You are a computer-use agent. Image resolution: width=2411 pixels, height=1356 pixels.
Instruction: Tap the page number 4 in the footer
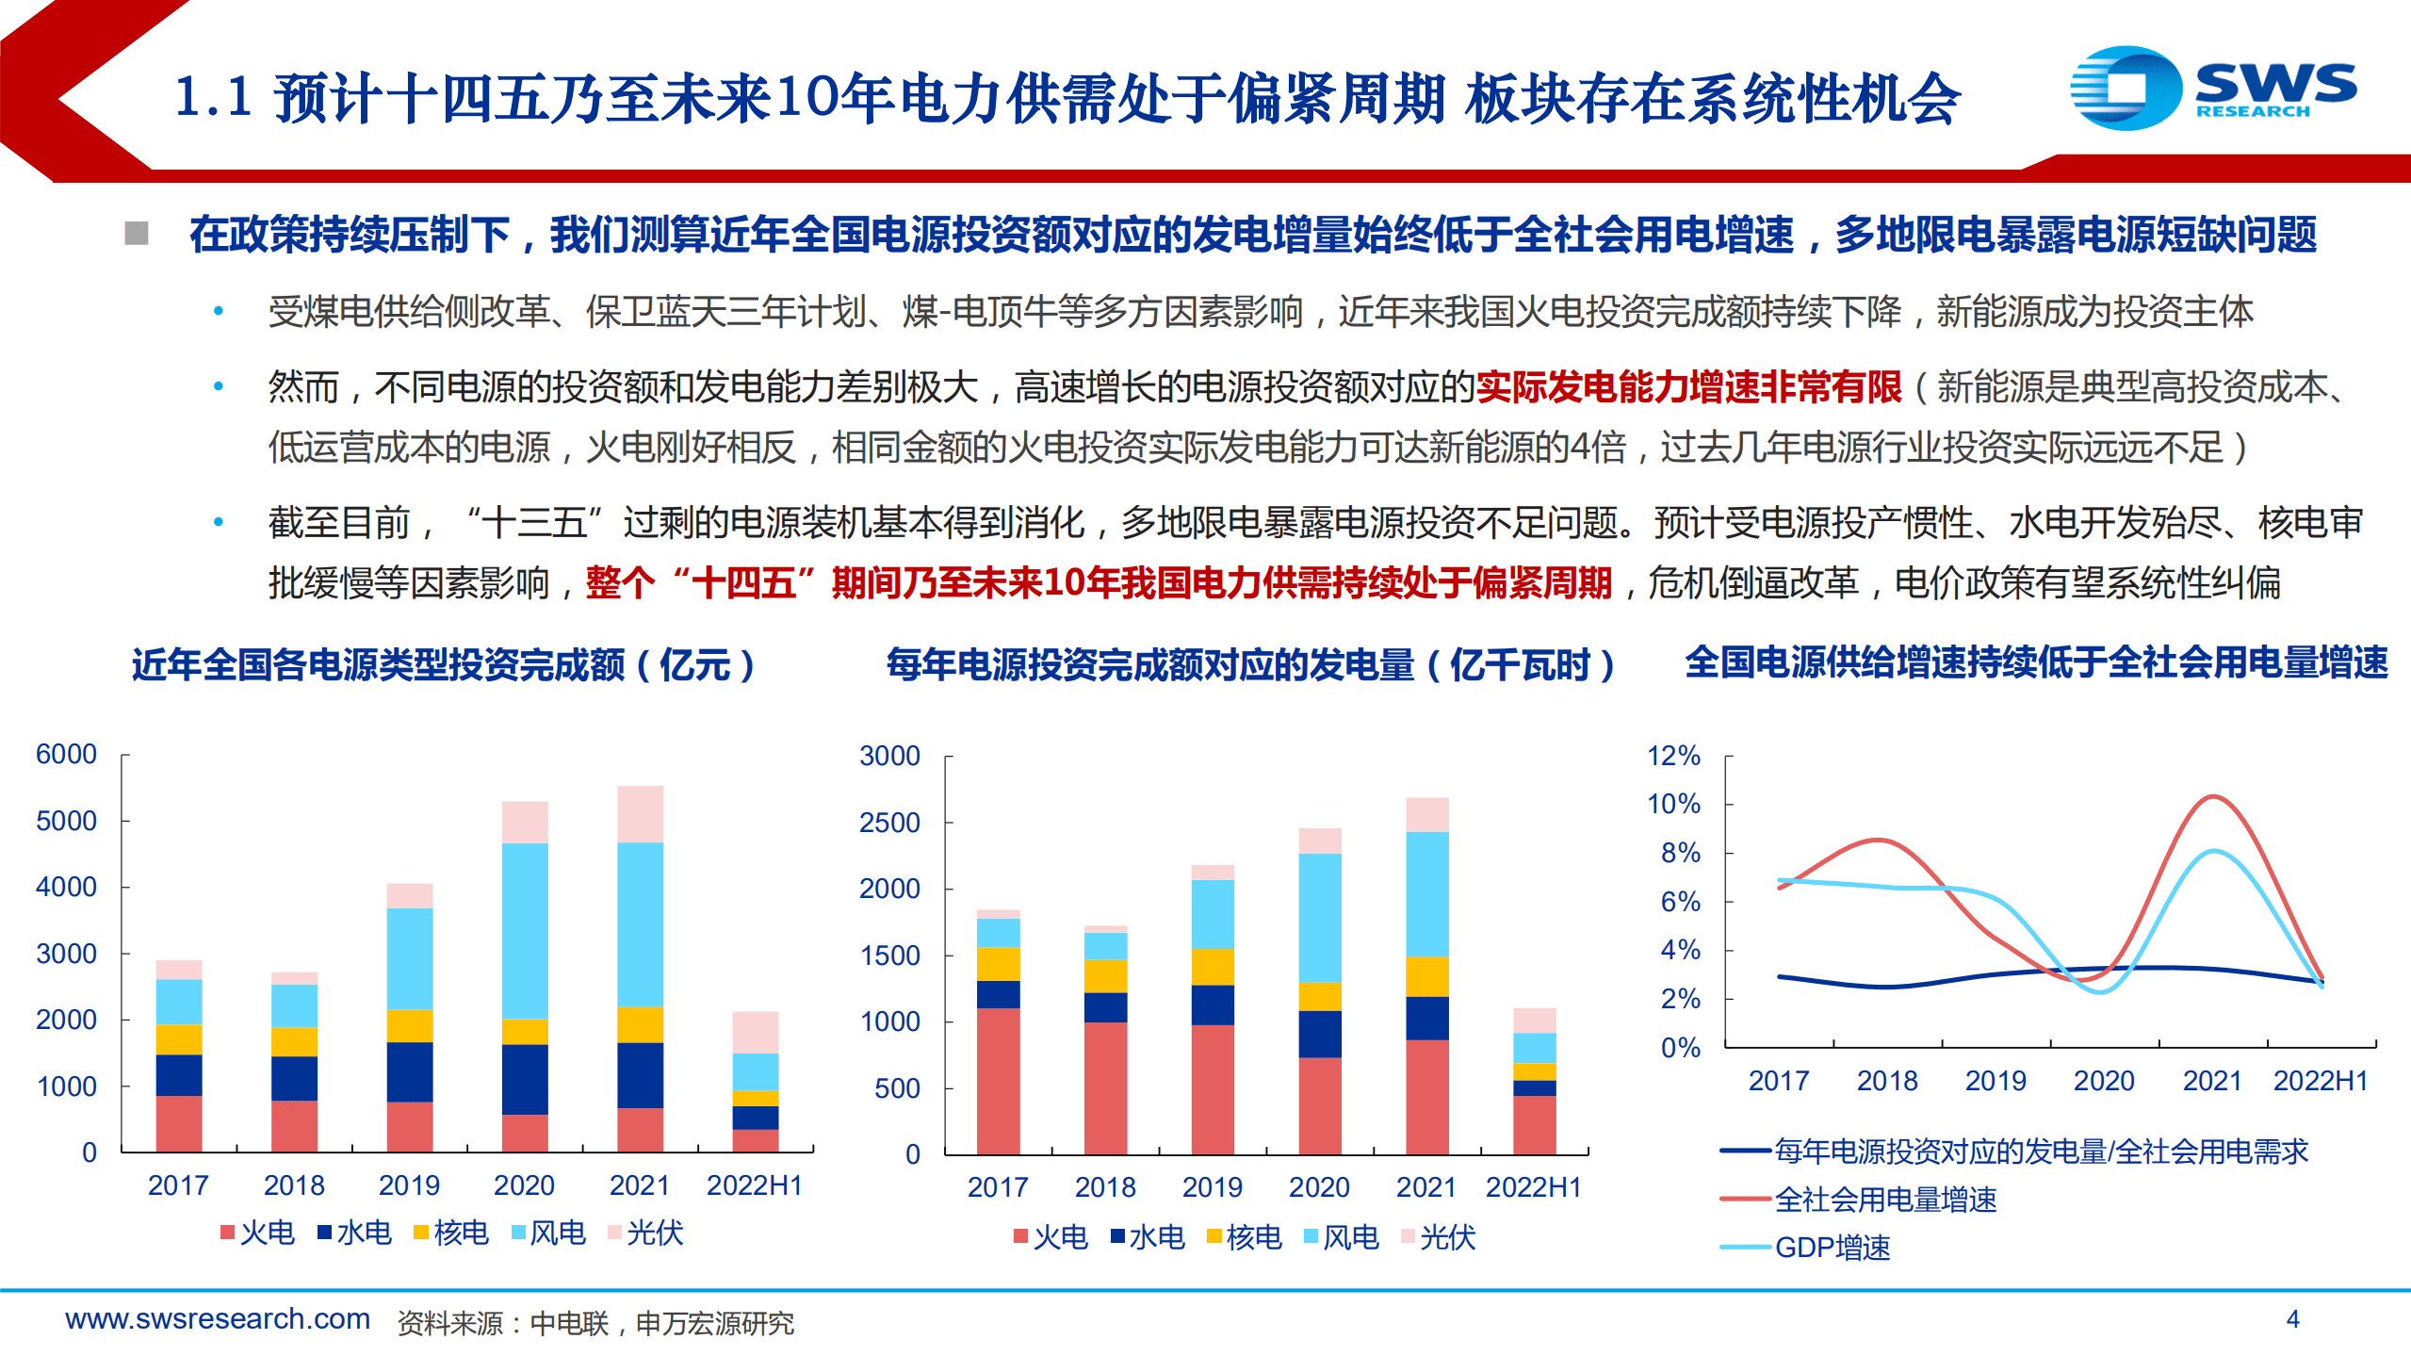pyautogui.click(x=2292, y=1319)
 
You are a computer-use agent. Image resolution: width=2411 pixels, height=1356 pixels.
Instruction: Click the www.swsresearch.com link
pyautogui.click(x=218, y=1319)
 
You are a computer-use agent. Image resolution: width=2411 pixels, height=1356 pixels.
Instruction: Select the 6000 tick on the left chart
pyautogui.click(x=66, y=755)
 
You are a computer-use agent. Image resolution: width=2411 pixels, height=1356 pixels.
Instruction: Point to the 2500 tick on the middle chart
pyautogui.click(x=889, y=823)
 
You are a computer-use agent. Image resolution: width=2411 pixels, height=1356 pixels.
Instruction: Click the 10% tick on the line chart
pyautogui.click(x=1673, y=804)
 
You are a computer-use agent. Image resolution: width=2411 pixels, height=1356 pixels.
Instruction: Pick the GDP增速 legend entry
pyautogui.click(x=1832, y=1248)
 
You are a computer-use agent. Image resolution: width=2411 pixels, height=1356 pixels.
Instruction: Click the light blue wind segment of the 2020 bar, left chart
pyautogui.click(x=525, y=930)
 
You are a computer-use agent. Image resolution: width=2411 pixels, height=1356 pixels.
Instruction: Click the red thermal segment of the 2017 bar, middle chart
pyautogui.click(x=998, y=1081)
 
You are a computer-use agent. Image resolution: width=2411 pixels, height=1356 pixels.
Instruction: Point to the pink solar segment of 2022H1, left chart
pyautogui.click(x=756, y=1032)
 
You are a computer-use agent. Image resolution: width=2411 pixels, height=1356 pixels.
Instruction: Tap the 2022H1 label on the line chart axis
pyautogui.click(x=2320, y=1081)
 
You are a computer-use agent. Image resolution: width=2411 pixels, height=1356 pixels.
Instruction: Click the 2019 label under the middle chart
pyautogui.click(x=1212, y=1187)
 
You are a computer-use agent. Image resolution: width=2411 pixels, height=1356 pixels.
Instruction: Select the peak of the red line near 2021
pyautogui.click(x=2211, y=797)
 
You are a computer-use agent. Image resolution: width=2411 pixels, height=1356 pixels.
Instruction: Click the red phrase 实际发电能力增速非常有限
pyautogui.click(x=1688, y=387)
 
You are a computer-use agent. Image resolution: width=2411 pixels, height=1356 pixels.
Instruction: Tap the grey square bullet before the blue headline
pyautogui.click(x=137, y=233)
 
